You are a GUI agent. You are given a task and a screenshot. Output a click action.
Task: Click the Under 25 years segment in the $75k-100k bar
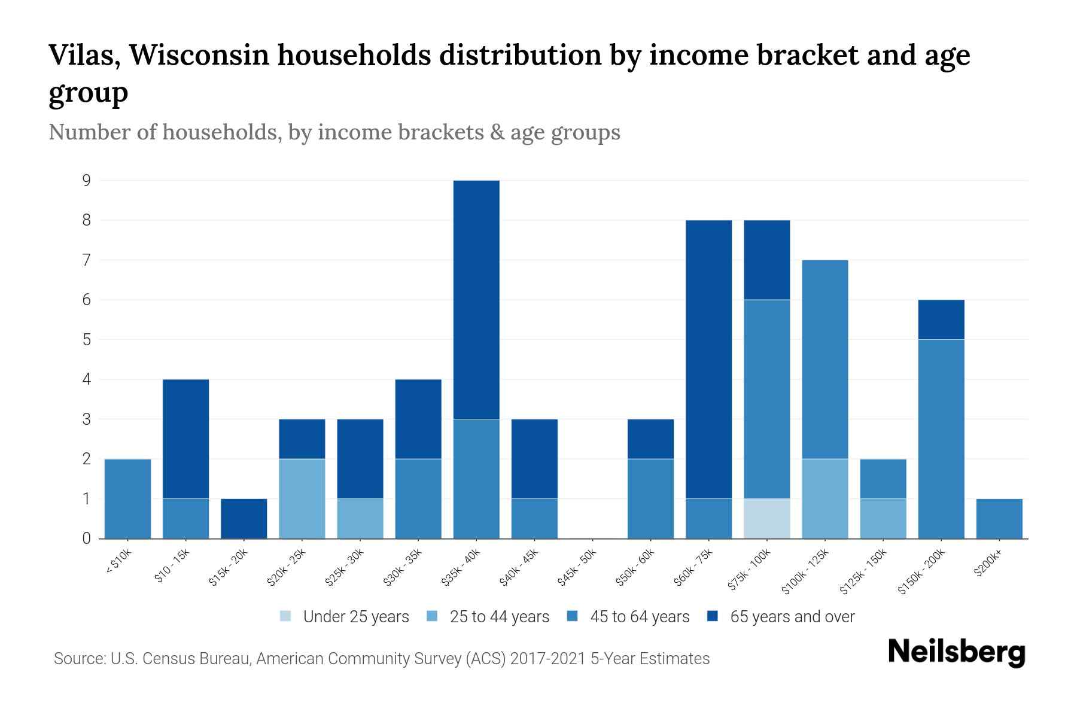click(x=766, y=518)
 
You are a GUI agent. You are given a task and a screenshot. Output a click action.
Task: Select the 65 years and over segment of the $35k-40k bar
click(x=476, y=299)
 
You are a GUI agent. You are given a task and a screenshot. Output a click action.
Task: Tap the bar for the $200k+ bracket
click(x=999, y=518)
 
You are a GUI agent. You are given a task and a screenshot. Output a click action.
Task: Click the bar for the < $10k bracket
click(x=127, y=498)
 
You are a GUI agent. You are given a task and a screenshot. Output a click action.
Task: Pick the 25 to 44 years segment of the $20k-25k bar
click(x=302, y=498)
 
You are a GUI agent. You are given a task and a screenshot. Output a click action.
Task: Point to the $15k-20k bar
click(x=244, y=518)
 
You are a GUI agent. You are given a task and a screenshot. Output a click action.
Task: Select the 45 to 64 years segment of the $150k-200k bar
click(x=941, y=439)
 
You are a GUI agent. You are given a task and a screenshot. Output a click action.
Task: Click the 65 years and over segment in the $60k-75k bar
click(x=708, y=359)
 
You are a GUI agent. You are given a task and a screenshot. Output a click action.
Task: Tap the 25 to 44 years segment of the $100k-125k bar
click(x=825, y=498)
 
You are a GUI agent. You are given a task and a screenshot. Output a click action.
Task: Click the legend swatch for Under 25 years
click(x=286, y=616)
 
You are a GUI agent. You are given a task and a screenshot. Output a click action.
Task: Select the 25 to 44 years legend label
click(x=499, y=616)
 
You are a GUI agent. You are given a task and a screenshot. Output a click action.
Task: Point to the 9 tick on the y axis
click(x=87, y=180)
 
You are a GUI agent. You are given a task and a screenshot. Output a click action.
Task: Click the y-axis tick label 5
click(x=87, y=339)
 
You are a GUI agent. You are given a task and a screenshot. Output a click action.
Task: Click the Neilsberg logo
click(x=956, y=652)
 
